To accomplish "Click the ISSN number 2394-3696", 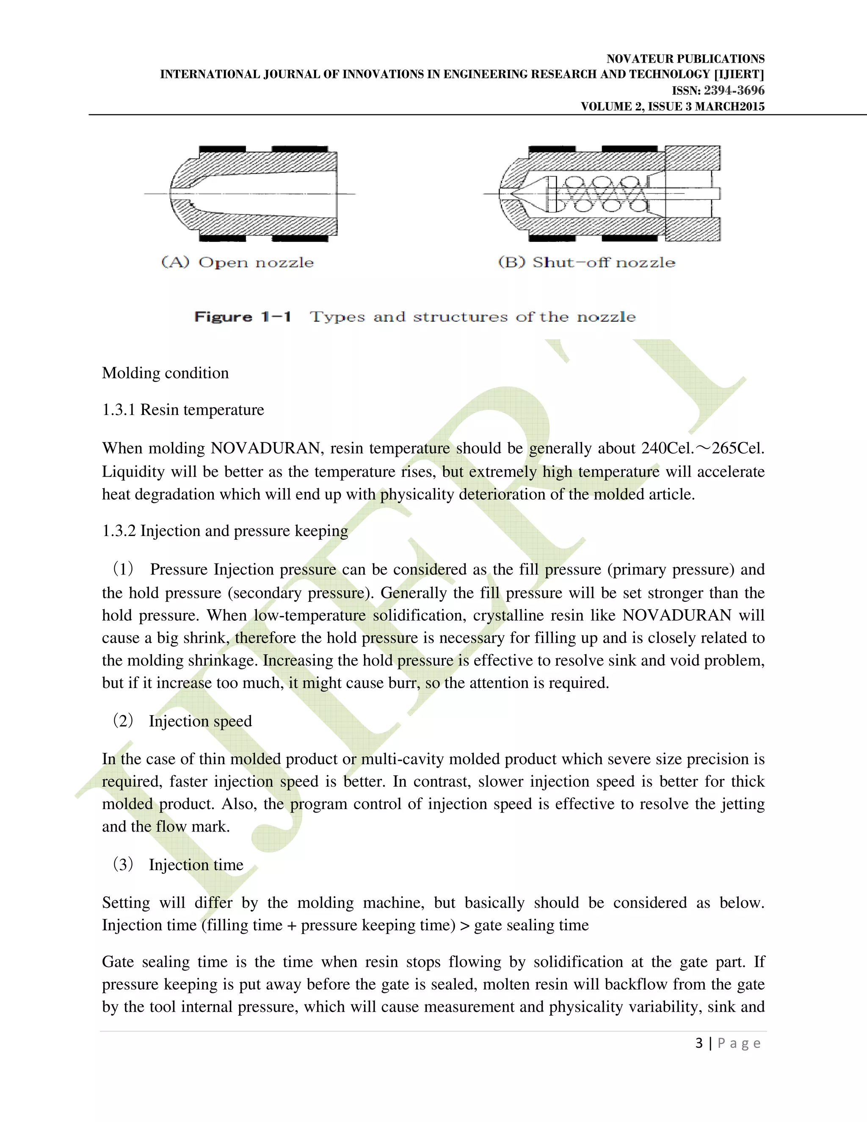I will pyautogui.click(x=734, y=91).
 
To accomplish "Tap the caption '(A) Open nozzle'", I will pyautogui.click(x=237, y=263).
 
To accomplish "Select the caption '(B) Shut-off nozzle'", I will pyautogui.click(x=587, y=263).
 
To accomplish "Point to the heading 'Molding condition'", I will pyautogui.click(x=166, y=373).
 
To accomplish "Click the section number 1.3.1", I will pyautogui.click(x=119, y=410).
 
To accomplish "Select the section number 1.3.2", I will pyautogui.click(x=119, y=531).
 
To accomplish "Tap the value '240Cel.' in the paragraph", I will pyautogui.click(x=668, y=448).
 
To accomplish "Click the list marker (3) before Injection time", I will pyautogui.click(x=123, y=865).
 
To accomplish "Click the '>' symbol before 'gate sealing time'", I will pyautogui.click(x=465, y=925).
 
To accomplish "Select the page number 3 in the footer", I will pyautogui.click(x=699, y=1043).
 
